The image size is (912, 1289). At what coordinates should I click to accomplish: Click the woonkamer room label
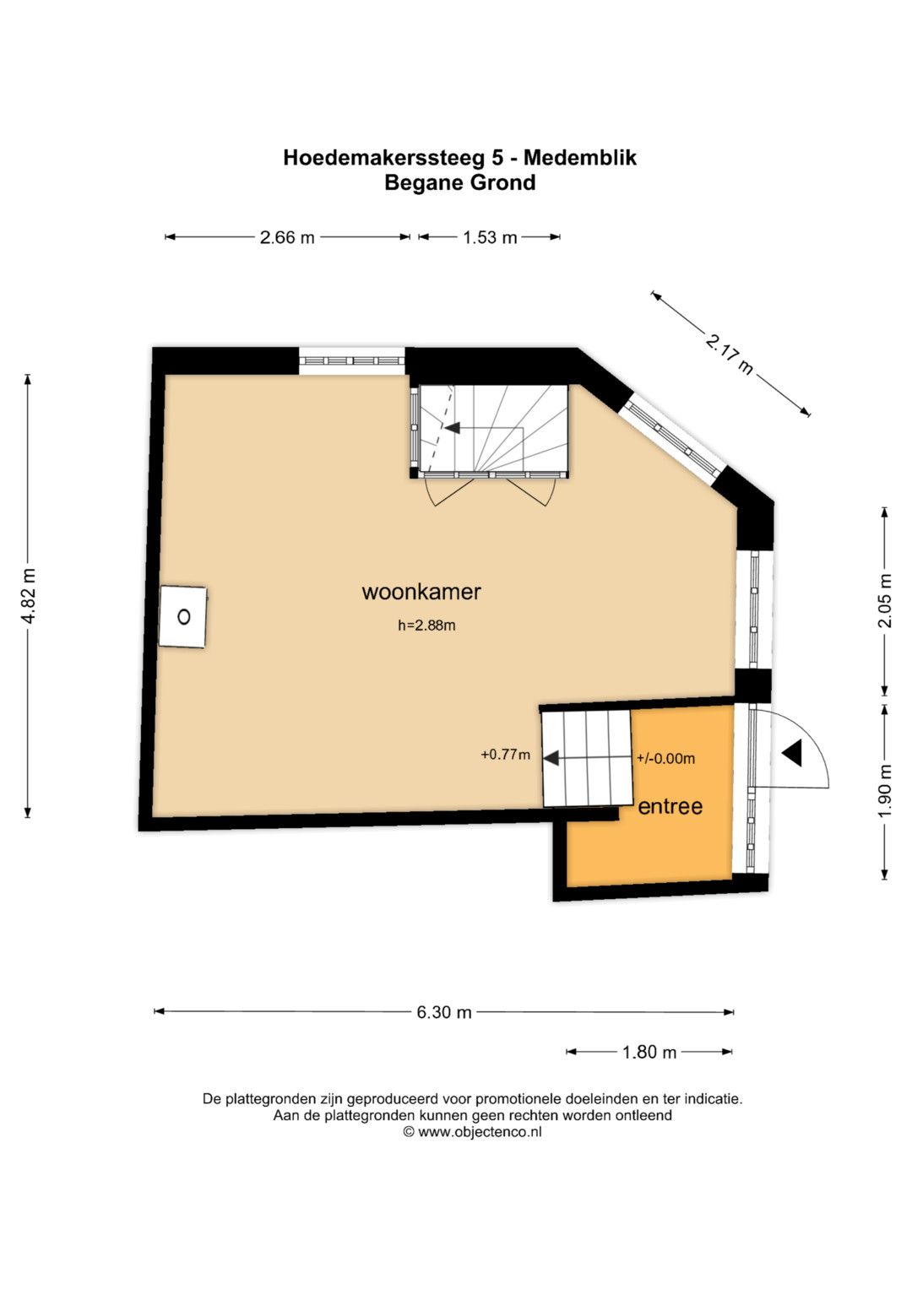tap(421, 592)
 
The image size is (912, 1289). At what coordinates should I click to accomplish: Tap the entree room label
tap(670, 807)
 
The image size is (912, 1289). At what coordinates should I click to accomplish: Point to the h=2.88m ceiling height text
tap(426, 625)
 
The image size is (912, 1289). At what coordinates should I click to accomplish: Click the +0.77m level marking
tap(506, 755)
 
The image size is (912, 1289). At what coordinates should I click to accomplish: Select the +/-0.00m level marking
tap(665, 758)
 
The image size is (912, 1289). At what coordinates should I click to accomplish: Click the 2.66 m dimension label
tap(287, 237)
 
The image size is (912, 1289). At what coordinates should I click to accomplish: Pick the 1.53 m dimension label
tap(490, 237)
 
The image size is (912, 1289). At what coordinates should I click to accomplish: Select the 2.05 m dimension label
tap(885, 601)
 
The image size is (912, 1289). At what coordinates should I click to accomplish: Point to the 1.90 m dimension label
tap(885, 790)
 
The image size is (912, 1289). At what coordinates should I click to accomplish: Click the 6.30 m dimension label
tap(444, 1012)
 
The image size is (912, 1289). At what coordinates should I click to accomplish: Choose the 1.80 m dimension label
tap(649, 1053)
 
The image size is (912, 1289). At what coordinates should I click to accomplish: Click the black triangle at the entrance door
tap(794, 753)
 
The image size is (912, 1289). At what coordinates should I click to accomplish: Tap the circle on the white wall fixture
tap(184, 617)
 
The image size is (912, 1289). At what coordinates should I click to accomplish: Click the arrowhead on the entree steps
tap(551, 758)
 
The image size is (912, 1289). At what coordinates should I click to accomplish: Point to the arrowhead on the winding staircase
tap(453, 428)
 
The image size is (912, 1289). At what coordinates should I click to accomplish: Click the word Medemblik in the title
tap(580, 157)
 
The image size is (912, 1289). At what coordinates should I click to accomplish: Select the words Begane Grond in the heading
tap(460, 182)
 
